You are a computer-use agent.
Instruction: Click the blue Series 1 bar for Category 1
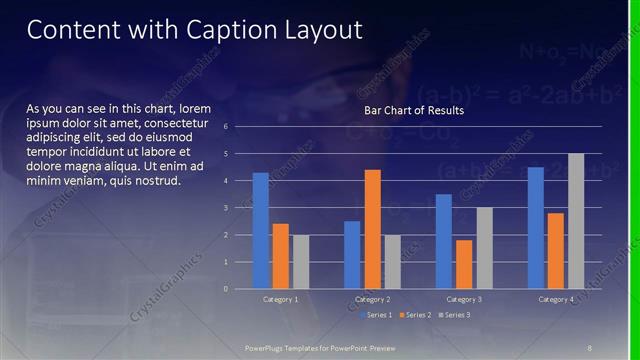[x=260, y=231]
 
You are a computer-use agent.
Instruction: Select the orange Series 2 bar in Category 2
[x=372, y=229]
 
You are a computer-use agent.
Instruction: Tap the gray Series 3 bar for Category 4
[x=576, y=221]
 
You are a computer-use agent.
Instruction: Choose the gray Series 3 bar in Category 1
[x=301, y=262]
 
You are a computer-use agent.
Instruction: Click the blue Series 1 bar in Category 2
[x=352, y=255]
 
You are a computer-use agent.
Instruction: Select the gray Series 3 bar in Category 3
[x=484, y=248]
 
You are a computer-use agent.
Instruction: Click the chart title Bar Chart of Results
[x=413, y=110]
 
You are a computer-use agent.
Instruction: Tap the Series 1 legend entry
[x=375, y=315]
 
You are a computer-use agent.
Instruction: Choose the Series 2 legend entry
[x=415, y=315]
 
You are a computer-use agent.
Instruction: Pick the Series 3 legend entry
[x=454, y=315]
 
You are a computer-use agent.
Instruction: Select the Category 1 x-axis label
[x=281, y=299]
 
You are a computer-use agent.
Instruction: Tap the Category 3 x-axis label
[x=464, y=299]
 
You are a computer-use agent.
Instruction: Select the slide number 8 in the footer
[x=590, y=346]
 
